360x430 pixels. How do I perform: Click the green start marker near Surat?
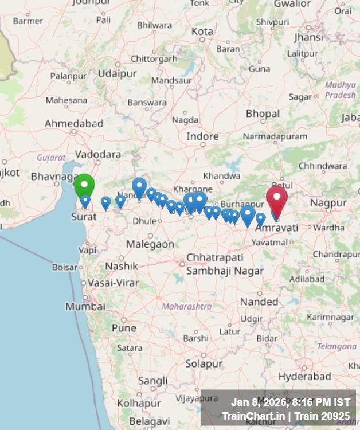coord(84,185)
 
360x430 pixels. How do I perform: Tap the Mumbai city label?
coord(85,307)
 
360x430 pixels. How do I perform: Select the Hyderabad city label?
coord(304,376)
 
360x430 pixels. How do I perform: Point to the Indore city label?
coord(202,136)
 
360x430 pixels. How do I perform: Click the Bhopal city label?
coord(263,114)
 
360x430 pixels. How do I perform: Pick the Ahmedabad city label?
coord(74,123)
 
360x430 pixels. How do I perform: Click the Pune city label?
coord(124,328)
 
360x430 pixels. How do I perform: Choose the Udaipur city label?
coord(117,74)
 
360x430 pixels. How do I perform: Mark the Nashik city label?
coord(122,266)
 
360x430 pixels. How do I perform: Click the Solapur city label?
coord(203,363)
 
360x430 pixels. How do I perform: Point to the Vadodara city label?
coord(98,154)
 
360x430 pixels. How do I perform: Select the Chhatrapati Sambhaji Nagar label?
coord(215,264)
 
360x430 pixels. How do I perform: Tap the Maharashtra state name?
coord(186,307)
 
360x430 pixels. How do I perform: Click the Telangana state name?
coord(336,346)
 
